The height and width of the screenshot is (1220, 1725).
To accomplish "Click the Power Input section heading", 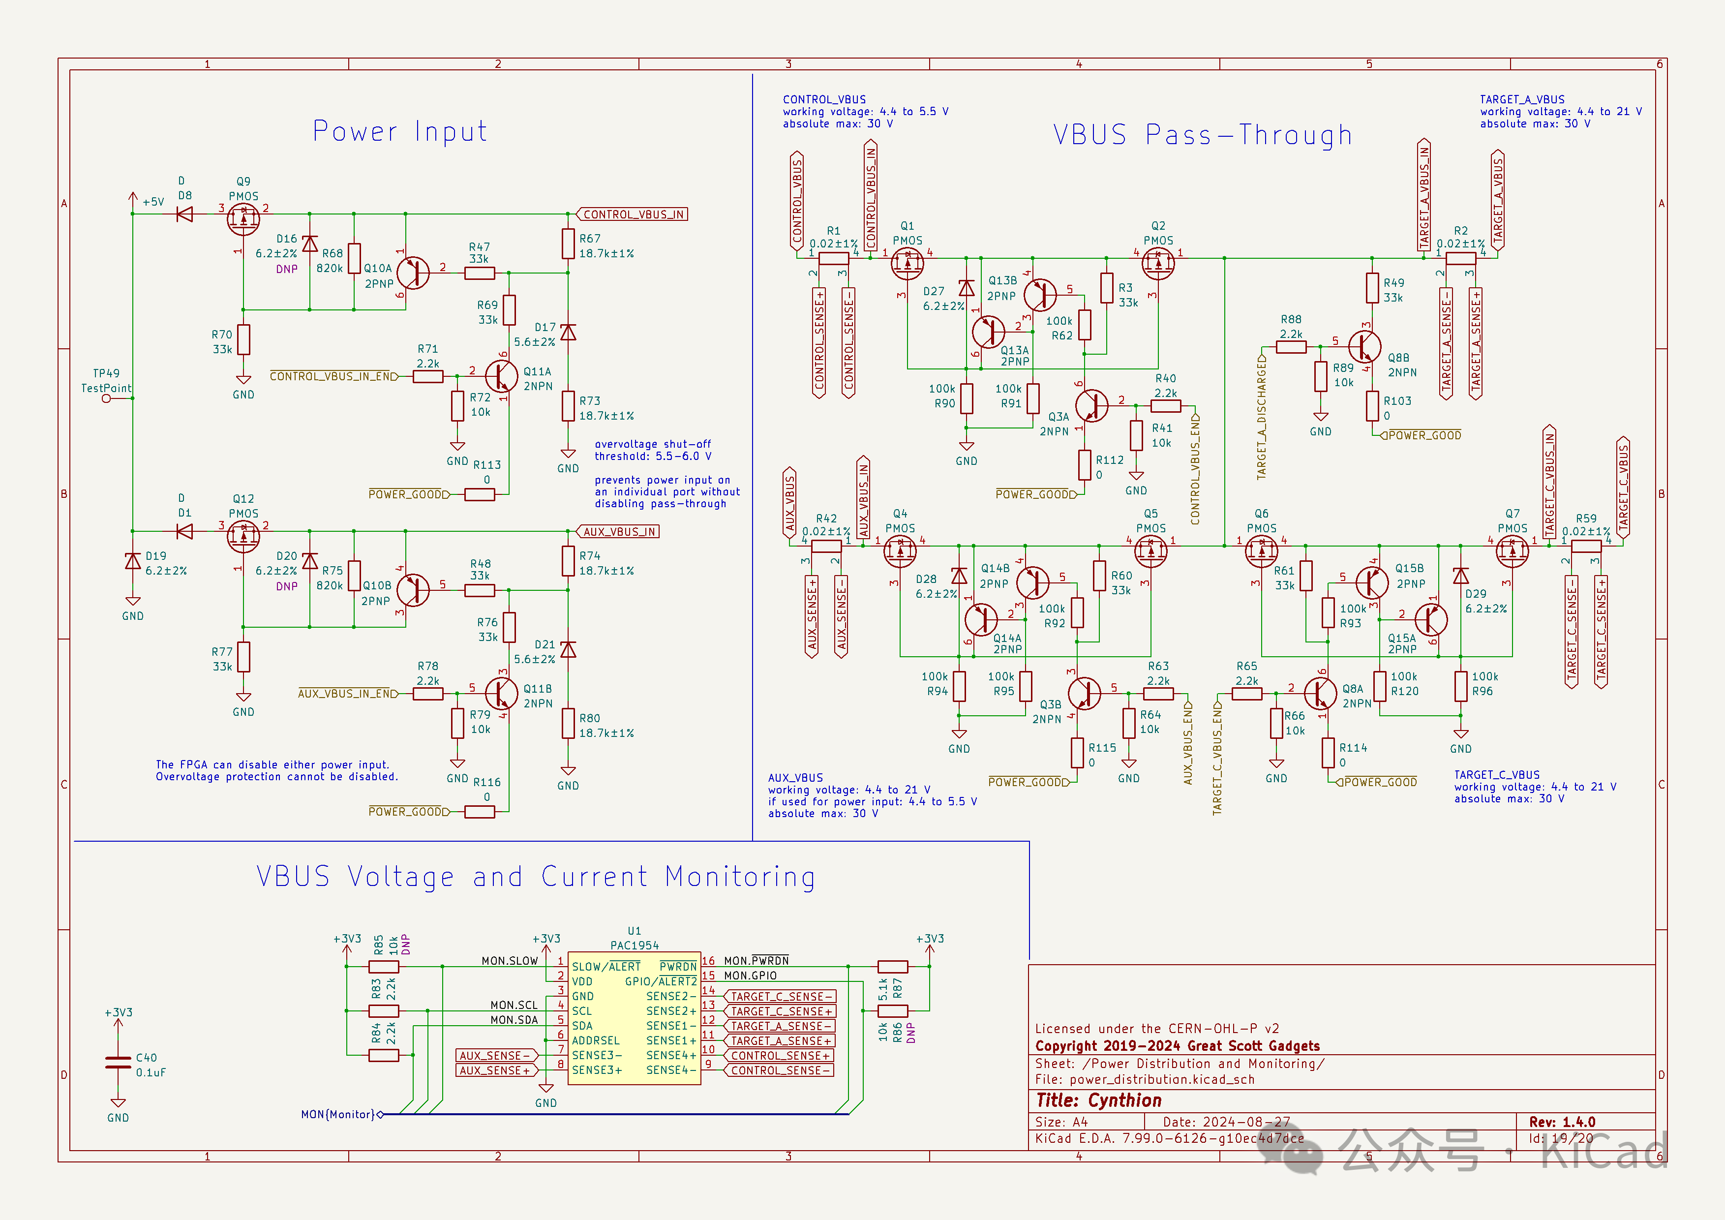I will pyautogui.click(x=400, y=131).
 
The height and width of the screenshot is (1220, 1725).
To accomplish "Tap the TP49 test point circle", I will pyautogui.click(x=106, y=398).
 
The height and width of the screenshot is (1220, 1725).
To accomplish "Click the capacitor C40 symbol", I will pyautogui.click(x=118, y=1062).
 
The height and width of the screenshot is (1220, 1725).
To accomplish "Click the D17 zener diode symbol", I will pyautogui.click(x=568, y=332).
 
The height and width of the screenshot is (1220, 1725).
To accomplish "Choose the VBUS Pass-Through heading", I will pyautogui.click(x=1202, y=135).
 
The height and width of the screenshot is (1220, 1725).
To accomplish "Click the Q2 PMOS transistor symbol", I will pyautogui.click(x=1158, y=264).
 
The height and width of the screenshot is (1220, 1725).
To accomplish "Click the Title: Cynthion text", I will pyautogui.click(x=1098, y=1100).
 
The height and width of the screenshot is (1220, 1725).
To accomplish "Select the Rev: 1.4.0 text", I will pyautogui.click(x=1562, y=1122).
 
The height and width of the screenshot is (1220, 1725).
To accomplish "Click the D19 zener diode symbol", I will pyautogui.click(x=133, y=561).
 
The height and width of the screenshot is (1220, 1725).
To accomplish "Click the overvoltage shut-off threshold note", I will pyautogui.click(x=652, y=450).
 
